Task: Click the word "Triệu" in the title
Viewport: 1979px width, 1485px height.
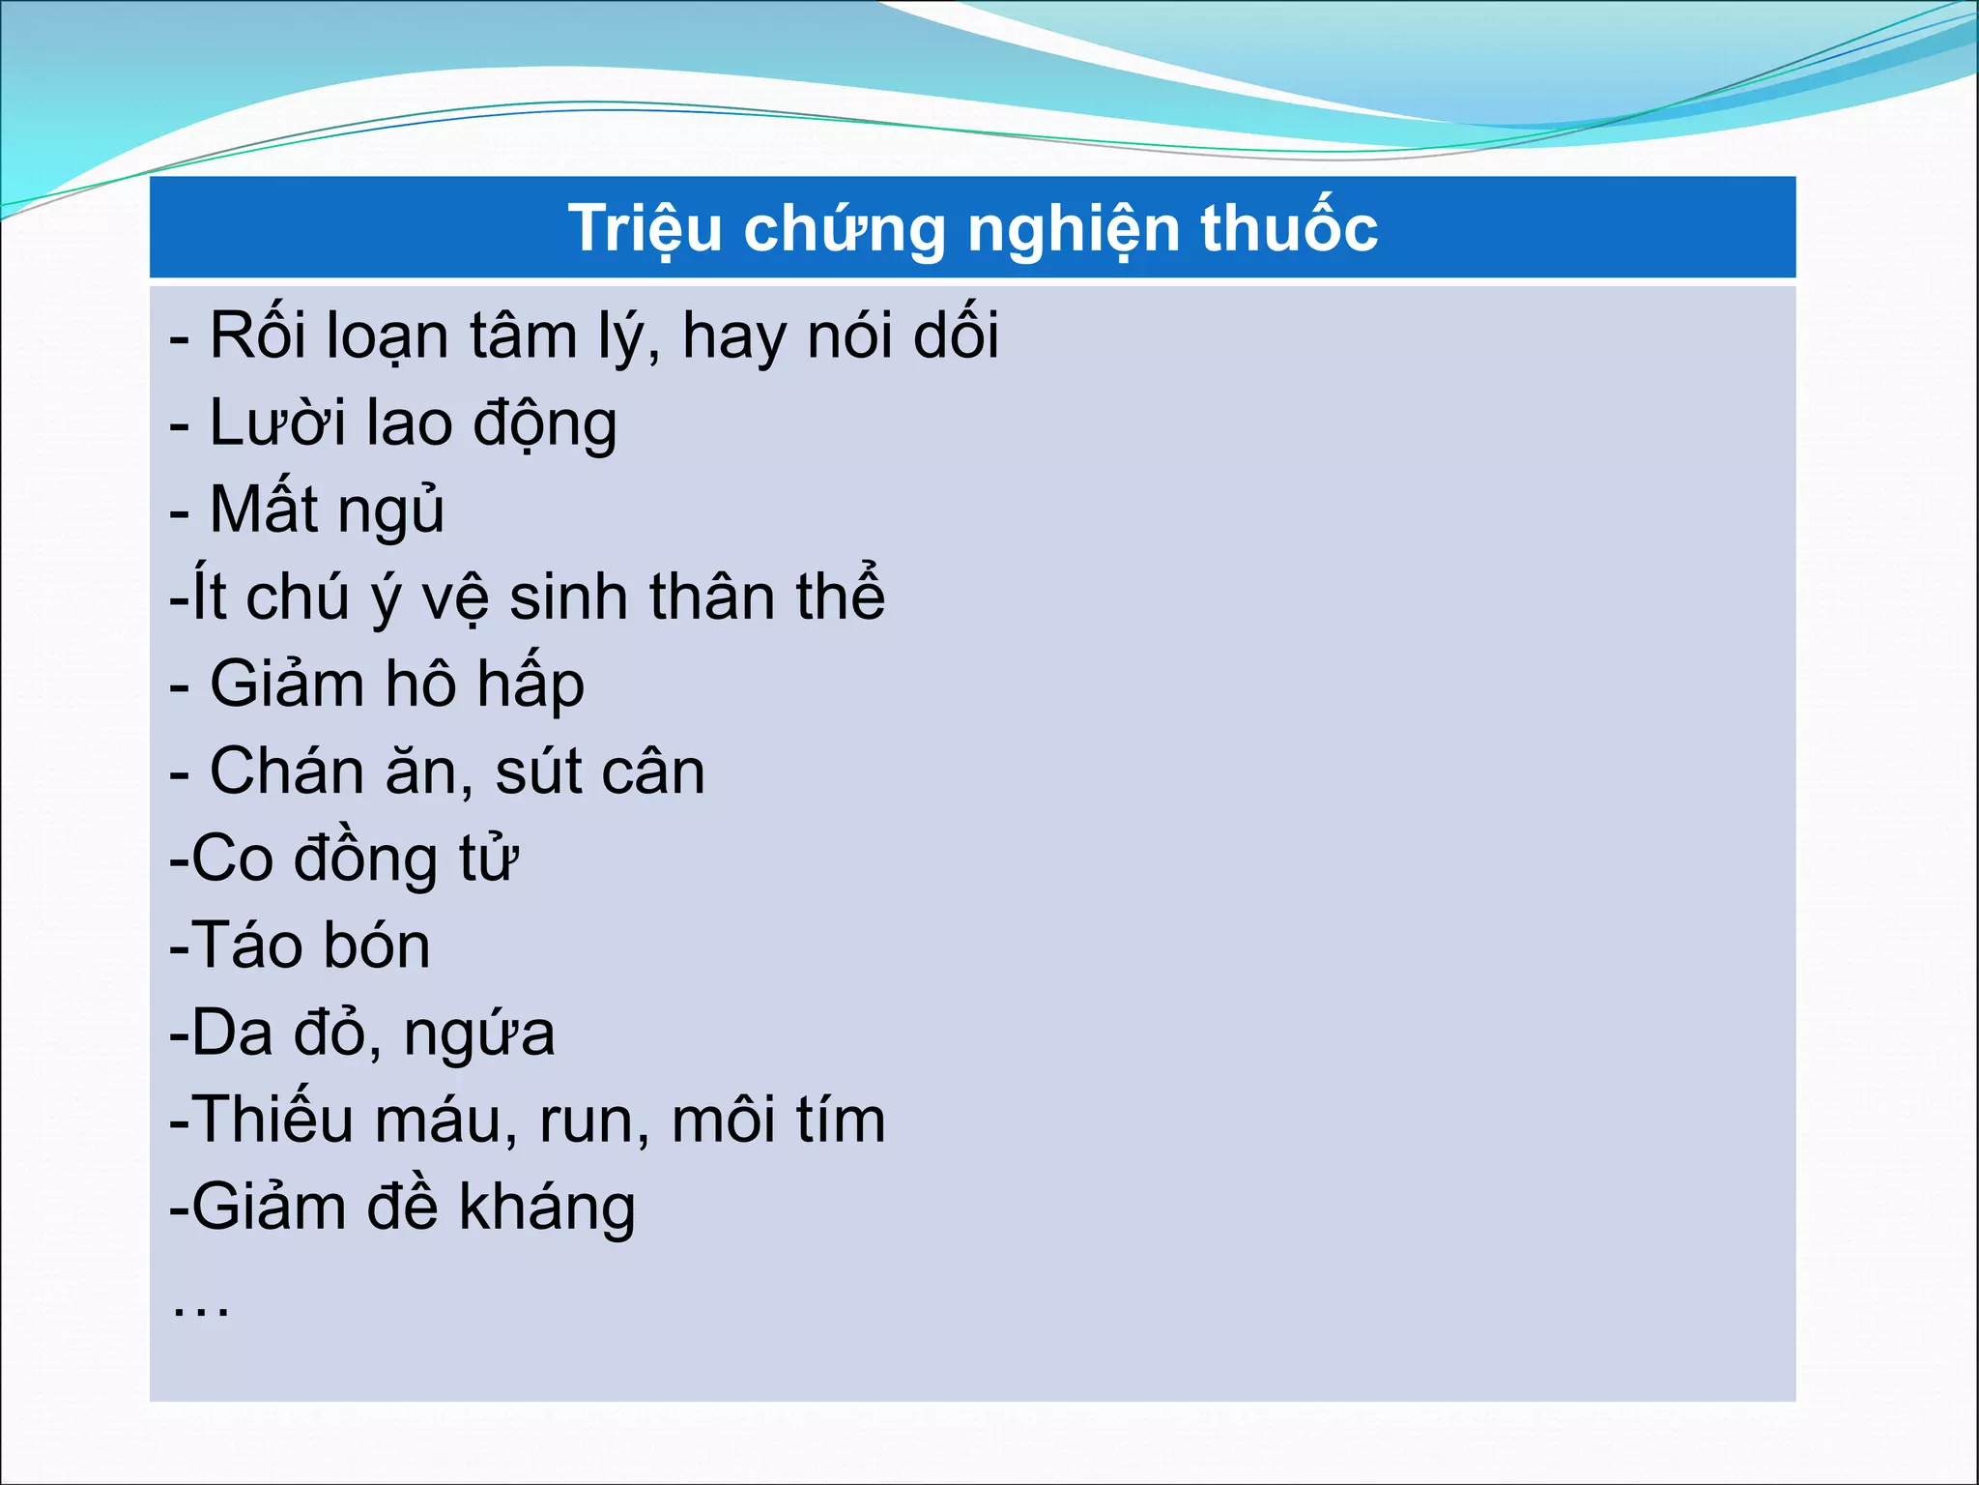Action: point(645,229)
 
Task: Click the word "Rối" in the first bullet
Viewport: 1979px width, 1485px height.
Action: point(250,335)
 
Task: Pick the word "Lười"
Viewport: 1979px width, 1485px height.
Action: point(277,423)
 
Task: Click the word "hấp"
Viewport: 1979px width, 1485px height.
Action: point(531,685)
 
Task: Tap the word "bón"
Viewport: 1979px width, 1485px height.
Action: point(376,946)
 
